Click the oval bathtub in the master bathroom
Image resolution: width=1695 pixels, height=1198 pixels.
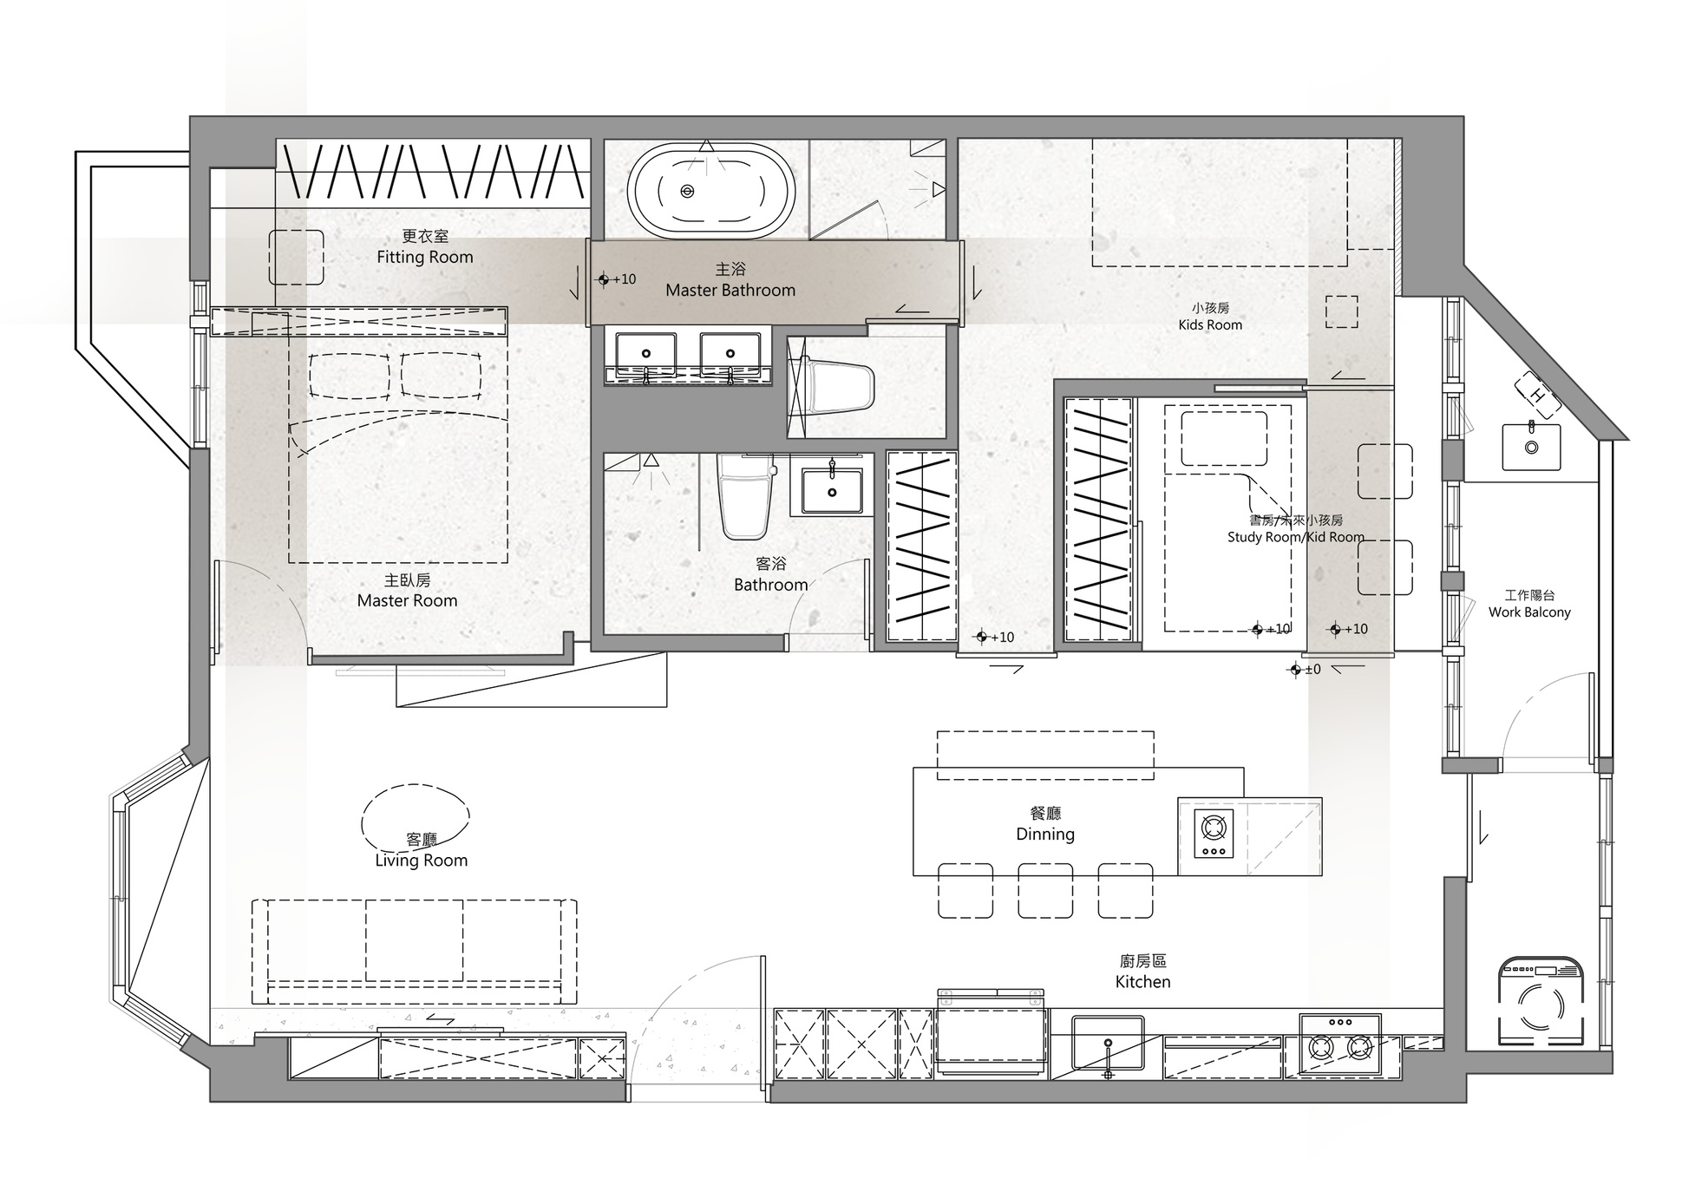711,192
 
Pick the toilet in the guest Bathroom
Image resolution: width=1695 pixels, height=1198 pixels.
745,495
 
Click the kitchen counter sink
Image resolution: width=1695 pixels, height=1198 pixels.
1108,1043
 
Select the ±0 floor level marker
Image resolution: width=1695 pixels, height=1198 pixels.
1305,670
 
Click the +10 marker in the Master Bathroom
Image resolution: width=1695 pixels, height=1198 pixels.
617,279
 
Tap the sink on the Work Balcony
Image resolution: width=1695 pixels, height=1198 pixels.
1531,446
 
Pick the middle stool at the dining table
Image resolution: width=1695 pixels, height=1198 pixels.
1045,890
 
